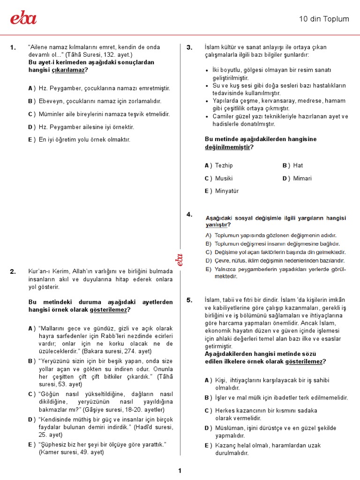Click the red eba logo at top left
[23, 18]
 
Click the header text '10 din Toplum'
[324, 19]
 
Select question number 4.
[189, 215]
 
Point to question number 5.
[189, 300]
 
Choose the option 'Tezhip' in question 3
[224, 165]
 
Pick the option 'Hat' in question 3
[298, 165]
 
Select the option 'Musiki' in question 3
[224, 179]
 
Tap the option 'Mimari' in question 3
[302, 179]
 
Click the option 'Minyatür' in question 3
[227, 191]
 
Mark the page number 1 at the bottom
[180, 471]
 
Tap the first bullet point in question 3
[208, 71]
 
